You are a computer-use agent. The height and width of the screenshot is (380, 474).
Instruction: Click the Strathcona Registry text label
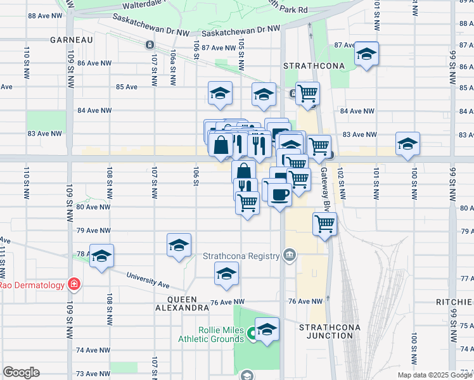tap(241, 256)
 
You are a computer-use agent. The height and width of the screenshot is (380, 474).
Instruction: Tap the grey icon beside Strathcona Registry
tap(290, 255)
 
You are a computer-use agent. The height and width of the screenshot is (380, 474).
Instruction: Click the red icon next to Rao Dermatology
tap(74, 284)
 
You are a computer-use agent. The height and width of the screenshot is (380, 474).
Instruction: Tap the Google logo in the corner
tap(21, 372)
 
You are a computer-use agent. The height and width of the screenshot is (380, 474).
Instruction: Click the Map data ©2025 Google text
tap(434, 375)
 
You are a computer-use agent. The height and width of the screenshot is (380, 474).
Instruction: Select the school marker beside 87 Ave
tap(366, 54)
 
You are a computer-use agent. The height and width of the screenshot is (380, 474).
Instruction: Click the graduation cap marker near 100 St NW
tap(407, 143)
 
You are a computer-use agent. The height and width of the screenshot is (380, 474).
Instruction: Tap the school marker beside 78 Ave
tap(101, 256)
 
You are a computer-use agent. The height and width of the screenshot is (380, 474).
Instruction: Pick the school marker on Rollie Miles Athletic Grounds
tap(267, 329)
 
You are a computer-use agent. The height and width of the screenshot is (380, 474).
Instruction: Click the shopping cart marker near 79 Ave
tap(324, 224)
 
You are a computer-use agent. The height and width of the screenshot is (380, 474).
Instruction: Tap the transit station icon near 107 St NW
tap(149, 45)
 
